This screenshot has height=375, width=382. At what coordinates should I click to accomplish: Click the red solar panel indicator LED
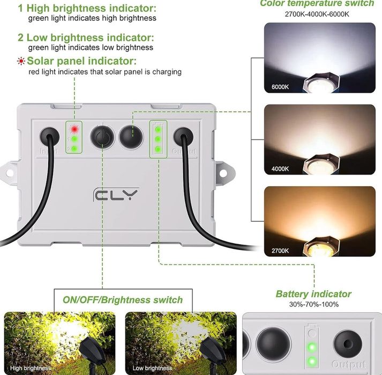(74, 129)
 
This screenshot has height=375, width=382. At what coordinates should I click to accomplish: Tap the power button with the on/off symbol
(102, 137)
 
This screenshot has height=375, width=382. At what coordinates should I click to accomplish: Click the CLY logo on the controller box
(116, 194)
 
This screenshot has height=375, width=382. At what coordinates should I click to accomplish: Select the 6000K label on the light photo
(280, 87)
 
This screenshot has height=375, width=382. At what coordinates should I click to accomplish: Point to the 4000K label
(280, 169)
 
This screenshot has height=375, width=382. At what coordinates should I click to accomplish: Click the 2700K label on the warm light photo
(280, 251)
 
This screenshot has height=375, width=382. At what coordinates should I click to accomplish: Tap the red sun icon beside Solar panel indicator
(21, 61)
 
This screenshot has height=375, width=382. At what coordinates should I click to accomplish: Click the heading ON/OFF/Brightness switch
(123, 300)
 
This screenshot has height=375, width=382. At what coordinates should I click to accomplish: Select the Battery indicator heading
(313, 294)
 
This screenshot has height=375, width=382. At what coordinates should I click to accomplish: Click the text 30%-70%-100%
(314, 304)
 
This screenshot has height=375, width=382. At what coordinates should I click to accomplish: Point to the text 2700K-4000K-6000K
(317, 14)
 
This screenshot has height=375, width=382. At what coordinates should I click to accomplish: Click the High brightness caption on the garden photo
(31, 368)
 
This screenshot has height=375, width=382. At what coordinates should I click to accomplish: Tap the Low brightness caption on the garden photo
(152, 368)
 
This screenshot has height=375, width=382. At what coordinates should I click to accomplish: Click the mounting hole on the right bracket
(223, 173)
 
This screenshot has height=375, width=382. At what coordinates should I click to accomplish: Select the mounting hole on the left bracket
(10, 173)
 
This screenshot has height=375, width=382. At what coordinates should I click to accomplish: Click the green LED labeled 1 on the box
(74, 139)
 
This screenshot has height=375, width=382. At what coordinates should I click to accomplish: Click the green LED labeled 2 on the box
(74, 149)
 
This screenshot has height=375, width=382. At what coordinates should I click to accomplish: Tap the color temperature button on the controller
(131, 137)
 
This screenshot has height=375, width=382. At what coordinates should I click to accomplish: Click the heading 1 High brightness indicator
(87, 8)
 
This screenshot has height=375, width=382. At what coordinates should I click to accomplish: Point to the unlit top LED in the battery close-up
(312, 333)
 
